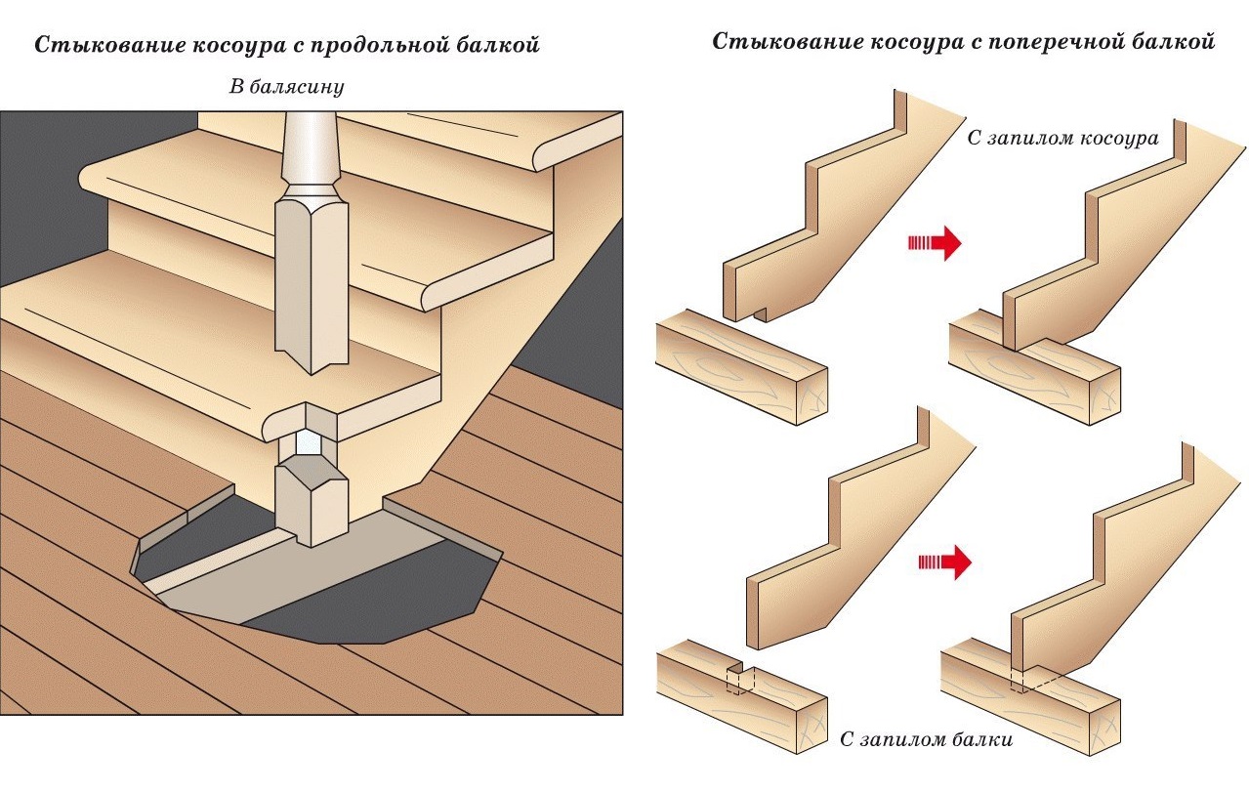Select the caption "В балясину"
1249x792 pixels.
tap(287, 88)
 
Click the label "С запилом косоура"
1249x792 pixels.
tap(1062, 139)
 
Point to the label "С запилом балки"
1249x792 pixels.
tap(926, 739)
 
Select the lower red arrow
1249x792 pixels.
tap(946, 562)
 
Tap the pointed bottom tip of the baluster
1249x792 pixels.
tap(312, 365)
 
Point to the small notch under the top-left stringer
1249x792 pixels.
tap(761, 314)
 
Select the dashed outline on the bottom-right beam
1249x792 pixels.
tap(1024, 680)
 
